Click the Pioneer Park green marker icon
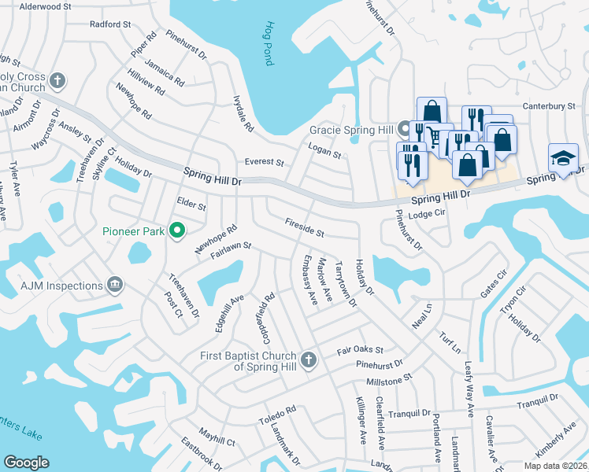[x=177, y=230]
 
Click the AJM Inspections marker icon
[x=116, y=284]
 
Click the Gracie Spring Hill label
[x=350, y=129]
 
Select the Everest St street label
[x=264, y=162]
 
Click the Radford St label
[x=110, y=24]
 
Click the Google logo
[x=27, y=463]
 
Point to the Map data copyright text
[x=555, y=466]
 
